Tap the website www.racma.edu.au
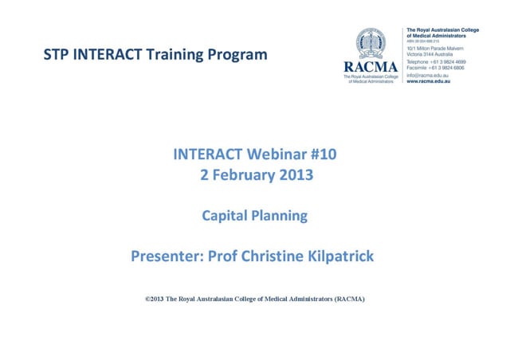[429, 82]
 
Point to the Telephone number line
[436, 62]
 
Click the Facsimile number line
[436, 68]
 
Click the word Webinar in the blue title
[271, 155]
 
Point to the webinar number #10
[321, 155]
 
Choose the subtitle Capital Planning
[254, 216]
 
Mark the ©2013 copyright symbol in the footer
[147, 299]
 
